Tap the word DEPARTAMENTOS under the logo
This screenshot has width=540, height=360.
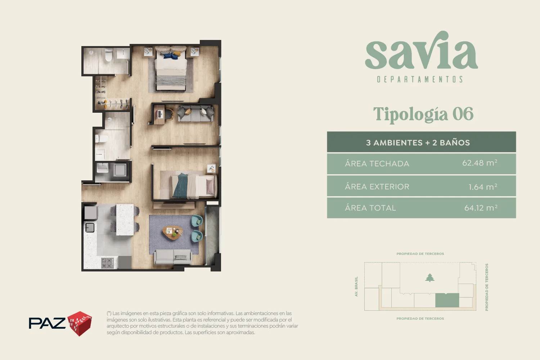[x=420, y=79]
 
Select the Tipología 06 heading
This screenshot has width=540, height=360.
[x=423, y=114]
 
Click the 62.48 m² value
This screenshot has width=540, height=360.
[x=480, y=163]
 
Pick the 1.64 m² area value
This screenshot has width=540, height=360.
[x=483, y=186]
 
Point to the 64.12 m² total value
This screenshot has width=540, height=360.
[x=481, y=208]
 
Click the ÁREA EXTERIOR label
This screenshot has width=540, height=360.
[x=377, y=186]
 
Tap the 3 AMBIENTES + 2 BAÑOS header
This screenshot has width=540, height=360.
[x=418, y=143]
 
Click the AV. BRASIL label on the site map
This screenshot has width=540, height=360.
[x=356, y=287]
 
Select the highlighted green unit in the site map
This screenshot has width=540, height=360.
[x=447, y=300]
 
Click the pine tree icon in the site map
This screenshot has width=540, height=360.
[x=429, y=278]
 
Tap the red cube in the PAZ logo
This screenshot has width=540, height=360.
[x=80, y=323]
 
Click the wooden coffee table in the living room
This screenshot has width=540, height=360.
[x=172, y=232]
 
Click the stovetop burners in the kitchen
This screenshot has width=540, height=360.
[x=107, y=263]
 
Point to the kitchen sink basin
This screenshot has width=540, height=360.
[x=90, y=228]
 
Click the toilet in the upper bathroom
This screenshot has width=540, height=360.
[x=109, y=55]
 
